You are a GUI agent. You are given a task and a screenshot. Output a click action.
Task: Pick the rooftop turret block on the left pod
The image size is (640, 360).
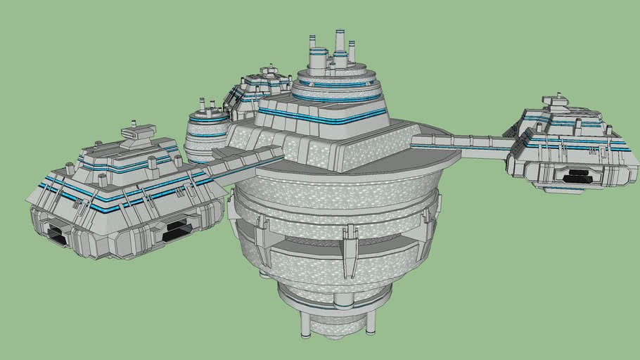139,131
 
